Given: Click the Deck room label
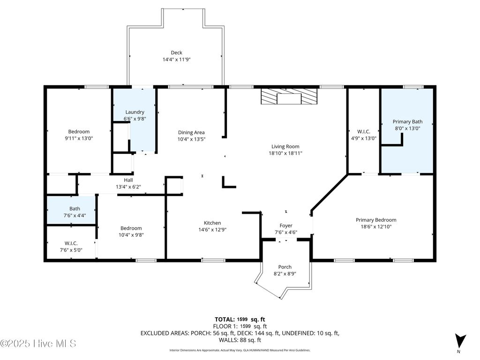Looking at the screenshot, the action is pos(176,52).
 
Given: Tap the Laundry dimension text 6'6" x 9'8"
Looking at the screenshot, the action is pos(135,119).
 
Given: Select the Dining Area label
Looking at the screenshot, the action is pos(191,133).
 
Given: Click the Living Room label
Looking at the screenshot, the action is pos(285,147).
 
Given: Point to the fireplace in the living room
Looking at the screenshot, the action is pos(289,97).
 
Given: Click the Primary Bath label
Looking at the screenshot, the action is pos(407,121).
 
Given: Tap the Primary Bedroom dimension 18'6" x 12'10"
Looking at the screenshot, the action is pos(376,227).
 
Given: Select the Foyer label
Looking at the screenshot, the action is pos(286,226).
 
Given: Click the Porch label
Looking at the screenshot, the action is pos(285,267).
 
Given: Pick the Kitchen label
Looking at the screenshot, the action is pos(212,223).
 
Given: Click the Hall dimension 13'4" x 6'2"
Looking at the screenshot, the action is pos(128,187).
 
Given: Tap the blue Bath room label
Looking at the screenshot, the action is pos(75,209).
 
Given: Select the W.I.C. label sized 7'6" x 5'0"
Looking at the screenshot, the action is pos(71,243).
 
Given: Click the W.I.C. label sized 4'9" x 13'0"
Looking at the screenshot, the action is pos(364,132).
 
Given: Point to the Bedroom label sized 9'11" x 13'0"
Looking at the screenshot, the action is pos(79,132).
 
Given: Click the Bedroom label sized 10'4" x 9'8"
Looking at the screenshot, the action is pos(131,228).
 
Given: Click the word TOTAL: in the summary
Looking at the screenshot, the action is pos(225,320).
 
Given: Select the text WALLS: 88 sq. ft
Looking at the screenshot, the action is pos(240,340).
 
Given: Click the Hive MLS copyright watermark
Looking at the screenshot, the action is pos(38,344).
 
